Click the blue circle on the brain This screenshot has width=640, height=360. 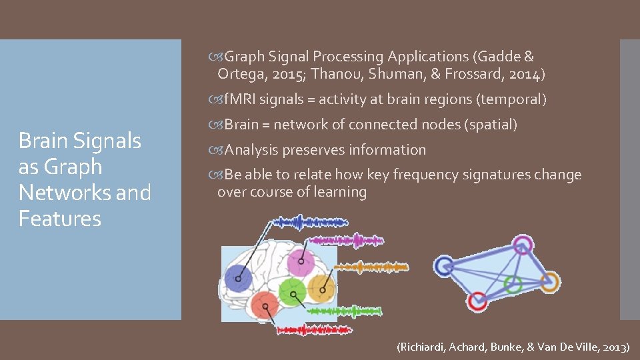point(238,277)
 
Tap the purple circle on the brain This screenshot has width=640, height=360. point(300,262)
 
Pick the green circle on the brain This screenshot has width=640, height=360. point(291,291)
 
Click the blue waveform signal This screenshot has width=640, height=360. point(303,223)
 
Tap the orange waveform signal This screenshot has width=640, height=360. point(370,267)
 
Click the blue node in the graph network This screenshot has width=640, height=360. point(443,266)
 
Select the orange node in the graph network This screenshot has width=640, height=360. point(549,281)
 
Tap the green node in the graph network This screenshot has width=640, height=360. point(513,283)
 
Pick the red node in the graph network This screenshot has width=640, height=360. point(477,301)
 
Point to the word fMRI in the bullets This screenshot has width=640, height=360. point(239,100)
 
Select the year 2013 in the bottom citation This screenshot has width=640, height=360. point(615,347)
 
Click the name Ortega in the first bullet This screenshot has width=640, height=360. point(241,73)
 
